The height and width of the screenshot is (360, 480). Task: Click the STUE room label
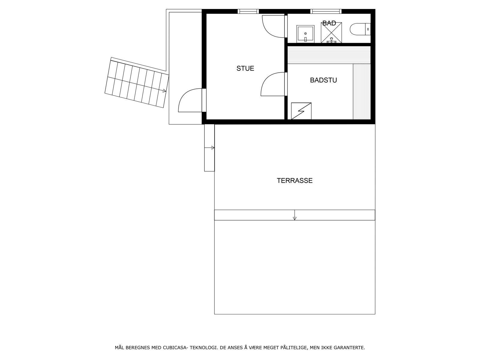point(245,68)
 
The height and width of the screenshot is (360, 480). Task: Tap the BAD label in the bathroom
point(329,23)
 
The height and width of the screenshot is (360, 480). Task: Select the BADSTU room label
point(323,80)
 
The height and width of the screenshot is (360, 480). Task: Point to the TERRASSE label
point(295,181)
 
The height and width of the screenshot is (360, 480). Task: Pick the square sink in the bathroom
point(305,34)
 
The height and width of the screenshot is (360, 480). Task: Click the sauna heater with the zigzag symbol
point(301,111)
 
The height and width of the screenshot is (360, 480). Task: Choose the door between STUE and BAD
point(274,26)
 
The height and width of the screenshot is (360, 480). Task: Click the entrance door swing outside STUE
point(190,100)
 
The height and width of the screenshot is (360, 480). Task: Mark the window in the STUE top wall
point(248,11)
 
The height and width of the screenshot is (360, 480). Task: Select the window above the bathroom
point(326,11)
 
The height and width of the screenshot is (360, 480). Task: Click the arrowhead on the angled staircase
point(165,90)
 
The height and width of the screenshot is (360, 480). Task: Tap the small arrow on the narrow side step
point(213,148)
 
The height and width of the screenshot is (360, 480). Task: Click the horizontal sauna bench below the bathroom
point(329,55)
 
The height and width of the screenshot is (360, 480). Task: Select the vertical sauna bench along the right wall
point(361,91)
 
